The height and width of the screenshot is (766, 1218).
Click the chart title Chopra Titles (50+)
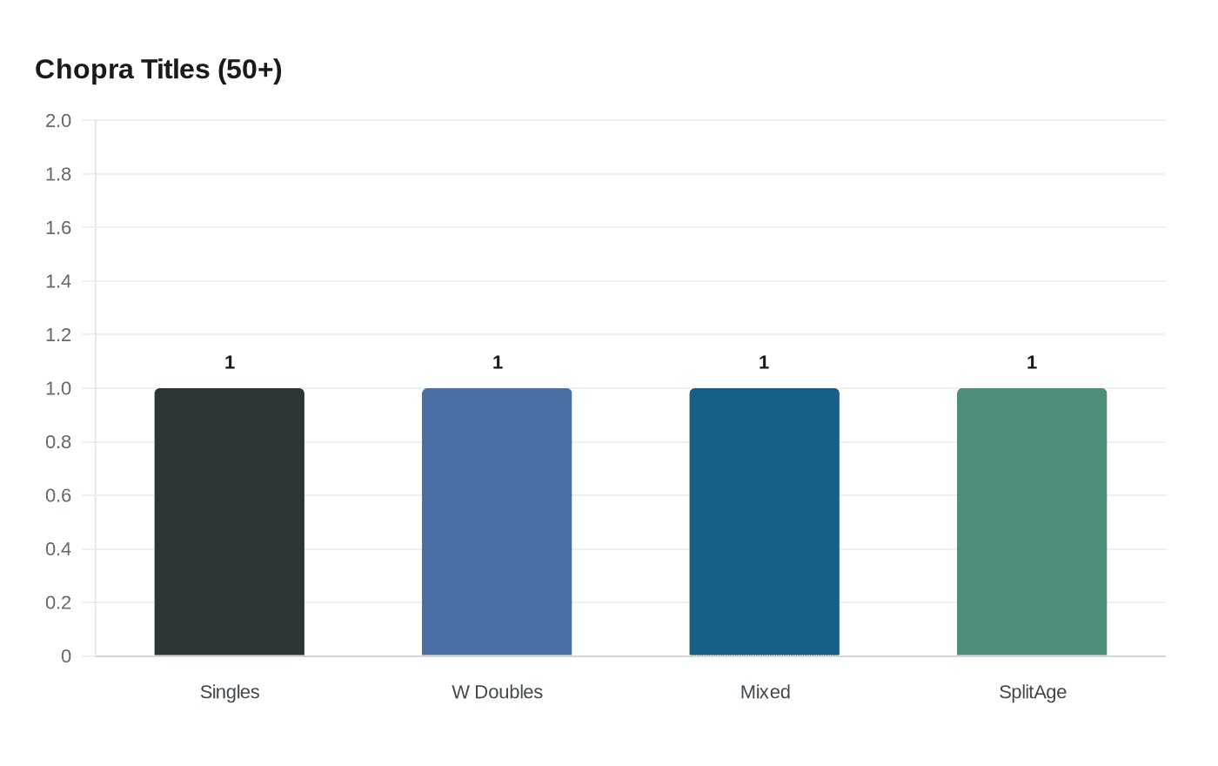[x=158, y=69]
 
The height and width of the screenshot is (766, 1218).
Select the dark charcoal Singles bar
[x=230, y=522]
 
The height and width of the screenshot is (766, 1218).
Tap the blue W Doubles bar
[x=497, y=522]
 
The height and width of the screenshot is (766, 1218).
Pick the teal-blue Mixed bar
[x=765, y=522]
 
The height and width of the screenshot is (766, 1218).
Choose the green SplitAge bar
[x=1032, y=522]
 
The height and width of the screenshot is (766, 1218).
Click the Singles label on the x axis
[x=230, y=692]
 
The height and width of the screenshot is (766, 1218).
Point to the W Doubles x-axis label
[x=497, y=692]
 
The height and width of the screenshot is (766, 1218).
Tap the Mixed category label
[x=765, y=692]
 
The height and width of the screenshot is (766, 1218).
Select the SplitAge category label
[x=1032, y=692]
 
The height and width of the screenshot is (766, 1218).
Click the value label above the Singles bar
[x=230, y=362]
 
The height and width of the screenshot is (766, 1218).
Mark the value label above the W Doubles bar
[x=498, y=362]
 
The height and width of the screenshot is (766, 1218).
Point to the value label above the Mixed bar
[x=764, y=362]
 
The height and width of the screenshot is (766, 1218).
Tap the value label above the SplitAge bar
[x=1032, y=362]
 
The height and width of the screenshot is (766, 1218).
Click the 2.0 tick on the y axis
[x=58, y=120]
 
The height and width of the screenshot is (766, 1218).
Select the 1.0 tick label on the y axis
[x=58, y=388]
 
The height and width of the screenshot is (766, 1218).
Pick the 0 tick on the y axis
[x=66, y=656]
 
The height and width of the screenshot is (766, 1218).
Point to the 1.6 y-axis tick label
[x=58, y=227]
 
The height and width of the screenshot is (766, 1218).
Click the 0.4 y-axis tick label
[x=58, y=549]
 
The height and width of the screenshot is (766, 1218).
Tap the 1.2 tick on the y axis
[x=58, y=335]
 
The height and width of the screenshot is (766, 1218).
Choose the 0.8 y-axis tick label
[x=58, y=442]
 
